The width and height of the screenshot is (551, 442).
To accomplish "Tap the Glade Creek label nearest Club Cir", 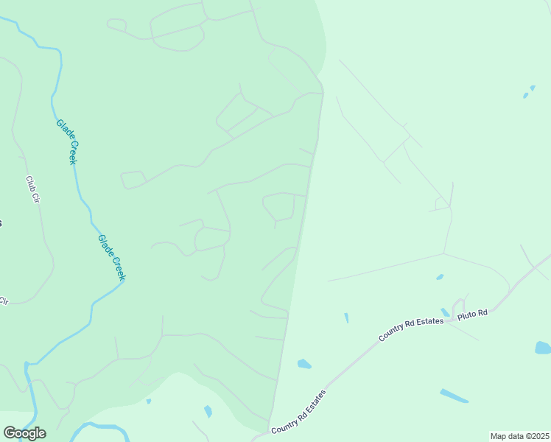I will click(x=66, y=142).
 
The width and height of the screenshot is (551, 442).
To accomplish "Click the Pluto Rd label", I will click(x=473, y=314).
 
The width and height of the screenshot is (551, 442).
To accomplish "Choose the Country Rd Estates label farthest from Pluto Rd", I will click(x=298, y=412).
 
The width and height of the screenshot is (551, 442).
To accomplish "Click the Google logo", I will click(x=24, y=433).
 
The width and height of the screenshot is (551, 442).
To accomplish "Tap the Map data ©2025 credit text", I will click(x=519, y=436).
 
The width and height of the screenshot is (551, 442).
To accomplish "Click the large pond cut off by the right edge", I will click(x=543, y=348).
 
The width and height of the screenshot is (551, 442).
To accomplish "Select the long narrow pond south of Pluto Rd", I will click(x=454, y=396).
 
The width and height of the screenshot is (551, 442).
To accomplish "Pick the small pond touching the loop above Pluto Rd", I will click(x=445, y=312).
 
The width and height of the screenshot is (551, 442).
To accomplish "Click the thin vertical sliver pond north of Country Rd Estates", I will click(x=346, y=318).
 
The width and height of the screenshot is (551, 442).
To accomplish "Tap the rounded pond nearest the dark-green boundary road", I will click(x=303, y=364).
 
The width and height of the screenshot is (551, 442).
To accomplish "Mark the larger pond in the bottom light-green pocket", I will click(x=208, y=411).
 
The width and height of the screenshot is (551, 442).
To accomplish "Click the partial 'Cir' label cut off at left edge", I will click(x=4, y=301).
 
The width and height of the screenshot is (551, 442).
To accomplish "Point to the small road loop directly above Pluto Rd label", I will click(x=458, y=304).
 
